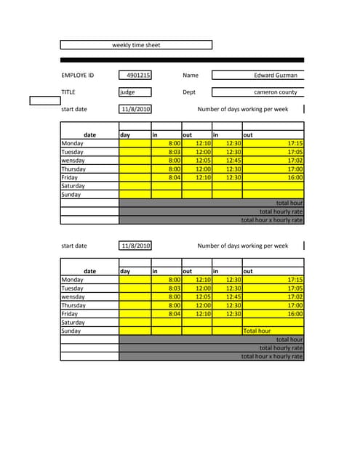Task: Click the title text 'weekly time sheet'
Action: click(136, 45)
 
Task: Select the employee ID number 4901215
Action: click(137, 75)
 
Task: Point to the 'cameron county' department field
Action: click(275, 92)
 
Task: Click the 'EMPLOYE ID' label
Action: click(78, 75)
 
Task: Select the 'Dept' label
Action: click(189, 92)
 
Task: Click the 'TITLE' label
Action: click(68, 92)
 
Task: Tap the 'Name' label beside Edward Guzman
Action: click(191, 75)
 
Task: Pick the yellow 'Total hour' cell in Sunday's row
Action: click(257, 331)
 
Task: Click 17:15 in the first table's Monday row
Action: click(295, 144)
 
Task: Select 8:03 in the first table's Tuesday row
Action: click(174, 152)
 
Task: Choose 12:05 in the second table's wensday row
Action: click(203, 296)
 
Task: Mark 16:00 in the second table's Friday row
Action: click(295, 314)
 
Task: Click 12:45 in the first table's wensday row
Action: click(233, 161)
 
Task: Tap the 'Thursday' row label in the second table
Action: click(73, 305)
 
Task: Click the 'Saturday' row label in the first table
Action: click(73, 186)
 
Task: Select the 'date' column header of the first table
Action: click(90, 134)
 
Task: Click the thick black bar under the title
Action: click(182, 60)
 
